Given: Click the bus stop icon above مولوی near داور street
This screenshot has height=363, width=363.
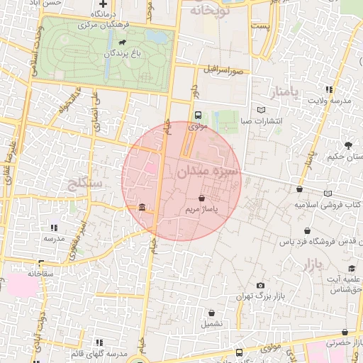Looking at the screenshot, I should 198,115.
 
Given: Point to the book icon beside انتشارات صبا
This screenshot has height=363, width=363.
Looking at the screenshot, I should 261,110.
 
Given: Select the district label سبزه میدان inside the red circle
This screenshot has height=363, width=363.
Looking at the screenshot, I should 209,171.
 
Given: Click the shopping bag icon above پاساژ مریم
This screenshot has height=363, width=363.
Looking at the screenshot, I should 203,199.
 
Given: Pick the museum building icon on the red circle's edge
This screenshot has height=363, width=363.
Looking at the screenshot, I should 143,208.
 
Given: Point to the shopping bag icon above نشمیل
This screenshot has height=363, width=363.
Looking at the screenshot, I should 211,313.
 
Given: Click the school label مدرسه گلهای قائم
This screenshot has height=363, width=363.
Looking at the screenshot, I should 99,353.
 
